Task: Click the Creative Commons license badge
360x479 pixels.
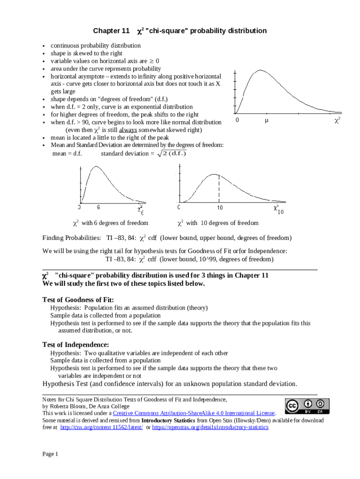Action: click(307, 406)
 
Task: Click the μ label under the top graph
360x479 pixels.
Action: click(266, 120)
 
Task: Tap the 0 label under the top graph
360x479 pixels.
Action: click(238, 120)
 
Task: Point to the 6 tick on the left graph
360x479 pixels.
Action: click(99, 206)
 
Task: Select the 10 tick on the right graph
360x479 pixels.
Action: click(219, 207)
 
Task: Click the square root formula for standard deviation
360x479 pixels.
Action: click(171, 153)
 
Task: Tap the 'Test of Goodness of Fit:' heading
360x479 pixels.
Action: click(78, 299)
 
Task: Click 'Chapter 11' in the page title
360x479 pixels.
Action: click(111, 31)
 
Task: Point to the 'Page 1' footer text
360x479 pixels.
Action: click(50, 454)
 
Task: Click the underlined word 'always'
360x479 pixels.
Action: click(128, 130)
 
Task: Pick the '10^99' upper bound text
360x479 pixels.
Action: click(190, 259)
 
